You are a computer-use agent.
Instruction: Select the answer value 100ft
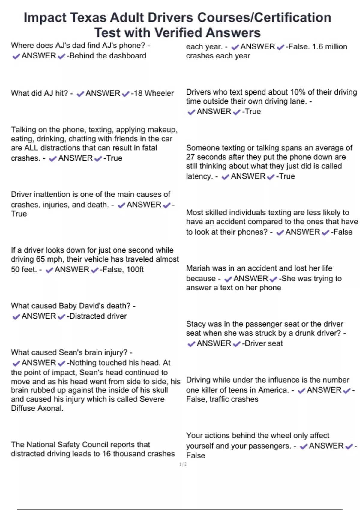(135, 269)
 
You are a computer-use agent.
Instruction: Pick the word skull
(160, 390)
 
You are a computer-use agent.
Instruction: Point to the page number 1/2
(183, 464)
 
